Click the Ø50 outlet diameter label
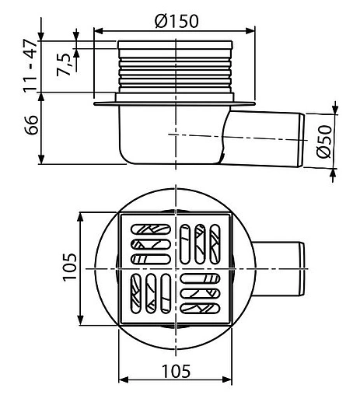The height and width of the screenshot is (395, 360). (327, 140)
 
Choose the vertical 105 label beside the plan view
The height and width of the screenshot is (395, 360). (69, 268)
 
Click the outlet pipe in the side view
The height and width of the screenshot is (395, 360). (264, 138)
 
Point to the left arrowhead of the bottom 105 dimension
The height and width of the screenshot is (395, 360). (120, 379)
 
